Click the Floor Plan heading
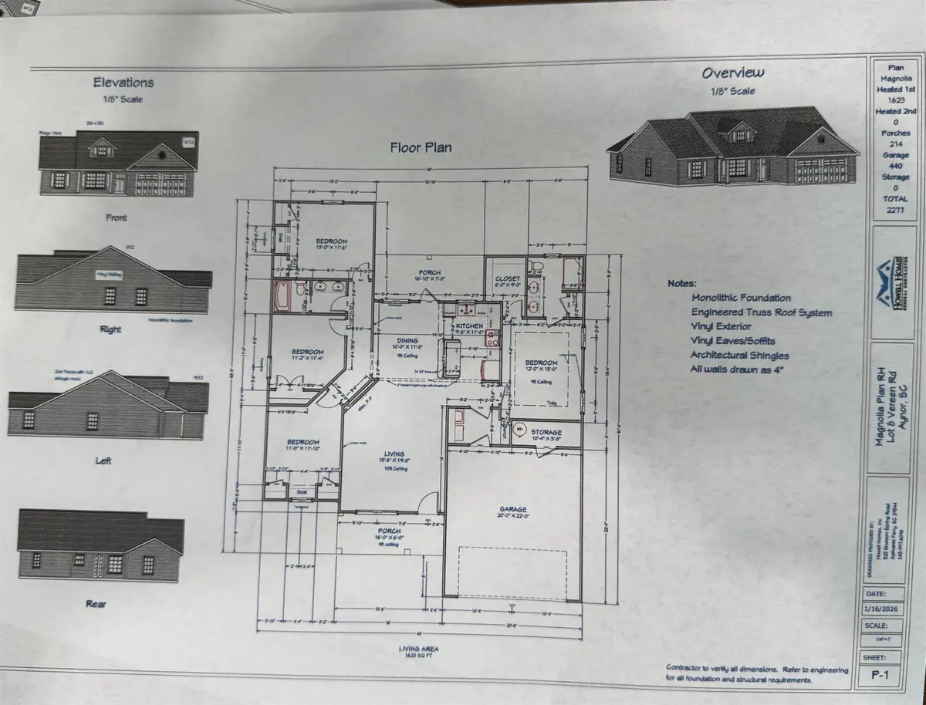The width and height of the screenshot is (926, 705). pos(421,147)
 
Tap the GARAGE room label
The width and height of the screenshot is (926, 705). pos(512,510)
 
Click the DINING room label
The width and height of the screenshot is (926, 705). pos(407,340)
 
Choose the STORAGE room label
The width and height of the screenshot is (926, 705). pos(546,432)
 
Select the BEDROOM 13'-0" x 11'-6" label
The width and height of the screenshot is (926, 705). pos(332,241)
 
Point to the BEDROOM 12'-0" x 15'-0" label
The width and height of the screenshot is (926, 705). pos(542,363)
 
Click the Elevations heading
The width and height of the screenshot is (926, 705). pos(123,83)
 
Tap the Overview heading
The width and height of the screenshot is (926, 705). pos(732,73)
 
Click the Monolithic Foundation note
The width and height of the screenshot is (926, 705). pos(741,297)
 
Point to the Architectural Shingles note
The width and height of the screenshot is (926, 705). pos(741,355)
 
